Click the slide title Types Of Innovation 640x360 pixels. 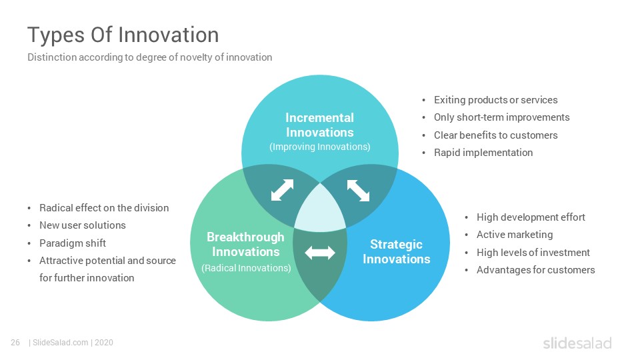coord(123,35)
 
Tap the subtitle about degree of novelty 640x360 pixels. coord(150,57)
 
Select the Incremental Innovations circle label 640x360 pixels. coord(319,125)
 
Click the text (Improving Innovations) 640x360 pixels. coord(319,147)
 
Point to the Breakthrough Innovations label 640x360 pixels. coord(246,244)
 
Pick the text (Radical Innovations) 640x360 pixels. coord(246,268)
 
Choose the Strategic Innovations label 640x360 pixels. coord(396,251)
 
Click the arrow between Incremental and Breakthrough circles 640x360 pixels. coord(283,190)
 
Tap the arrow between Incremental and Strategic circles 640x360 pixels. coord(358,191)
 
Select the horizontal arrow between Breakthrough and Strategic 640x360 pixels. coord(319,253)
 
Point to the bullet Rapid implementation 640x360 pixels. coord(483,153)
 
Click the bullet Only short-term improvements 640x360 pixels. coord(501,117)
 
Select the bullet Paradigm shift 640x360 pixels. coord(73,243)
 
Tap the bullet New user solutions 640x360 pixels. coord(83,225)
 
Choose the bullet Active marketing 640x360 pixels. coord(515,235)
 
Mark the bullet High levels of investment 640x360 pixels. coord(533,253)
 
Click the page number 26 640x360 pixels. coord(15,343)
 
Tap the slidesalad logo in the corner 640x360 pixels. coord(577,343)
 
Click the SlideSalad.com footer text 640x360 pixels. coord(61,343)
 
